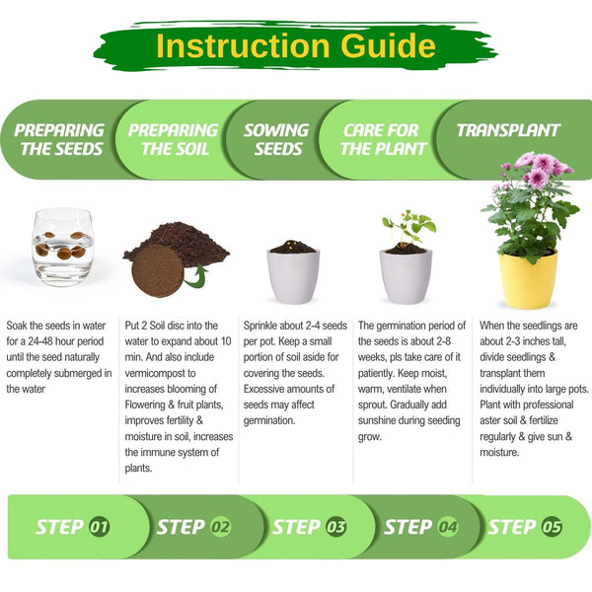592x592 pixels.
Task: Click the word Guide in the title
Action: click(388, 45)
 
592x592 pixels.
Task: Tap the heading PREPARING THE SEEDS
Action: click(59, 139)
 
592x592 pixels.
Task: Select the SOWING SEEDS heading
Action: click(276, 139)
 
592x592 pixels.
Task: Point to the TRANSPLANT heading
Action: click(508, 130)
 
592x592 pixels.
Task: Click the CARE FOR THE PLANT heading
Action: click(383, 139)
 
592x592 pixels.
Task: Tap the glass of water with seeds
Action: click(63, 247)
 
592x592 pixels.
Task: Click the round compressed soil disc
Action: click(158, 270)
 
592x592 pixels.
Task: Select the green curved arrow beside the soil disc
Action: click(196, 276)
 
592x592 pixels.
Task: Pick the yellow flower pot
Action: click(528, 279)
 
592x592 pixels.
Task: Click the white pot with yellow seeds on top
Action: click(293, 272)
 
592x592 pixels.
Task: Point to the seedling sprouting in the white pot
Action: click(408, 231)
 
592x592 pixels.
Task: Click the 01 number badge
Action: click(100, 527)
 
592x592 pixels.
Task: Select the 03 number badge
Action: click(335, 527)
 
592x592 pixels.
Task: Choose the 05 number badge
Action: click(552, 527)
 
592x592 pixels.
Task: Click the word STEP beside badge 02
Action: click(181, 527)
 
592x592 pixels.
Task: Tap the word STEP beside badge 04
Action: click(408, 527)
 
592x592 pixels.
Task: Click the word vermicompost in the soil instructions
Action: click(160, 373)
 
